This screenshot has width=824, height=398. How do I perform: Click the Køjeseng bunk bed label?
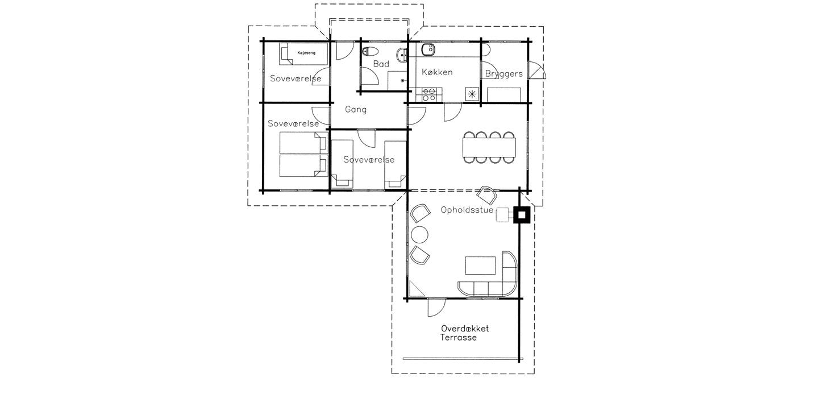click(x=306, y=53)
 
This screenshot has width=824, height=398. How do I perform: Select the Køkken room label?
click(x=437, y=72)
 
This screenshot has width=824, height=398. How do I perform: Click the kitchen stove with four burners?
click(x=429, y=94)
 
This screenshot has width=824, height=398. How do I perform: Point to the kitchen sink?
click(x=428, y=49)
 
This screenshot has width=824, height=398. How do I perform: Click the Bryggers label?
click(x=503, y=74)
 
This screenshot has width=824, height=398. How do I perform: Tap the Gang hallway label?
click(x=356, y=110)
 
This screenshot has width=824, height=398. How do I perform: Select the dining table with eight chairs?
click(x=489, y=147)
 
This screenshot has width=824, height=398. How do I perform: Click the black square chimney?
click(x=522, y=215)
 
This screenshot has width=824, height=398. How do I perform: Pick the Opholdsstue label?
click(x=467, y=210)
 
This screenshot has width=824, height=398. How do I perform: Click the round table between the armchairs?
click(x=419, y=234)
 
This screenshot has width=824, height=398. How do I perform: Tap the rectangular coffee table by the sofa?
click(x=480, y=266)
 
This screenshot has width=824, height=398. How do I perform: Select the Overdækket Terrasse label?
click(x=465, y=333)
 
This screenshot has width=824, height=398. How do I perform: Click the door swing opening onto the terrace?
click(x=436, y=307)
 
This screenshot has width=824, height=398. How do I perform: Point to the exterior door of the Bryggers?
click(x=536, y=71)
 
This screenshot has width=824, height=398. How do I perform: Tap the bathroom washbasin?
click(x=402, y=55)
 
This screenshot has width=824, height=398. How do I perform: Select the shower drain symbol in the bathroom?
click(x=402, y=80)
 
